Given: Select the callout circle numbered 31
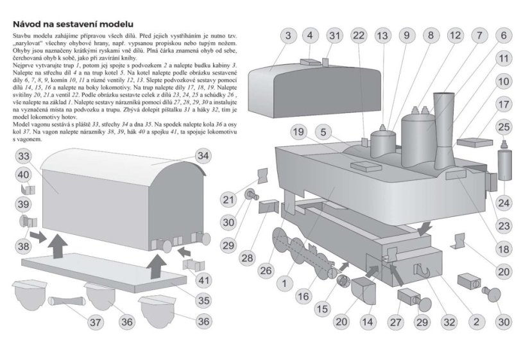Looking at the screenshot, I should coord(334,35).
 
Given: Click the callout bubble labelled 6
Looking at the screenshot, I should coord(504,35).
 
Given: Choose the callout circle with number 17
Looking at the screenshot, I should coord(504,103).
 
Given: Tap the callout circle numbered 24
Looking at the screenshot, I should coord(504,203).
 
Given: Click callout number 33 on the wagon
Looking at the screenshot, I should coord(24,157).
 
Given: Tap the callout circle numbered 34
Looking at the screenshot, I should coord(203,156).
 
